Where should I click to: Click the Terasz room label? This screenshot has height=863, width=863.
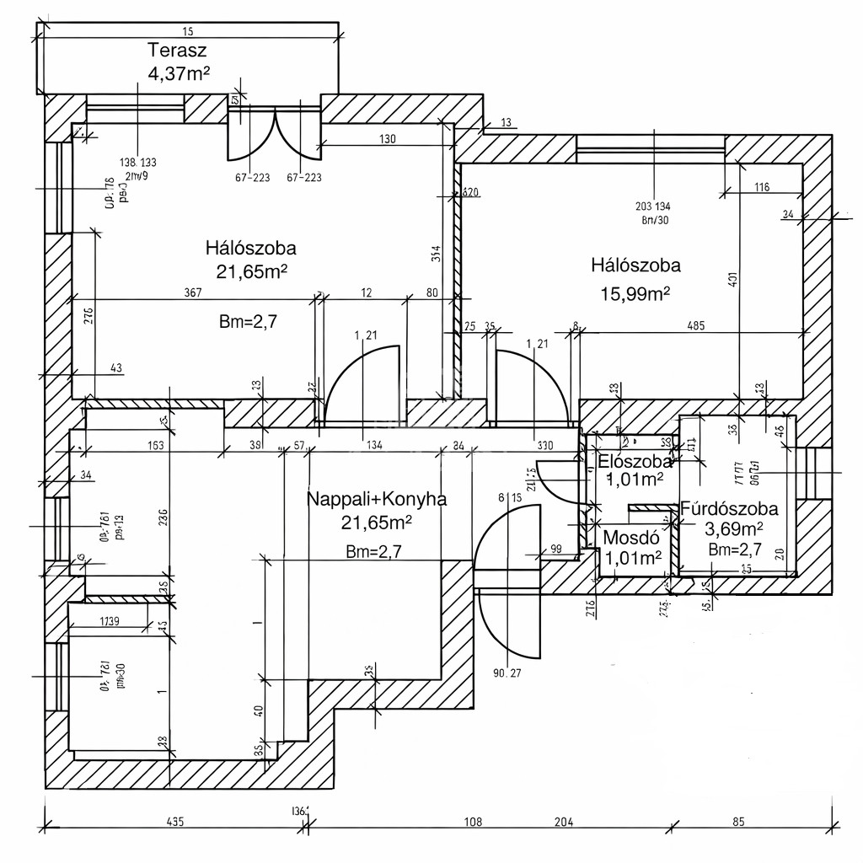coord(178,48)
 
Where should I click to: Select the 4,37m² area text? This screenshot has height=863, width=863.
coord(178,73)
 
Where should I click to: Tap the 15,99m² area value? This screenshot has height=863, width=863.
coord(635,292)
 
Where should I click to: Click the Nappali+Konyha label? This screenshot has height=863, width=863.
coord(376,499)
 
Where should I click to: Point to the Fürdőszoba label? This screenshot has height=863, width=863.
coord(729,509)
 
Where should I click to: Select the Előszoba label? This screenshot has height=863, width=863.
coord(635,461)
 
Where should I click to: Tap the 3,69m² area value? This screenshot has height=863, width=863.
coord(733,529)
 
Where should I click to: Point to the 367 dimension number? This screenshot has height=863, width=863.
coord(193,292)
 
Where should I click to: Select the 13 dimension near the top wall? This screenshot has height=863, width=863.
coord(506,123)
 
